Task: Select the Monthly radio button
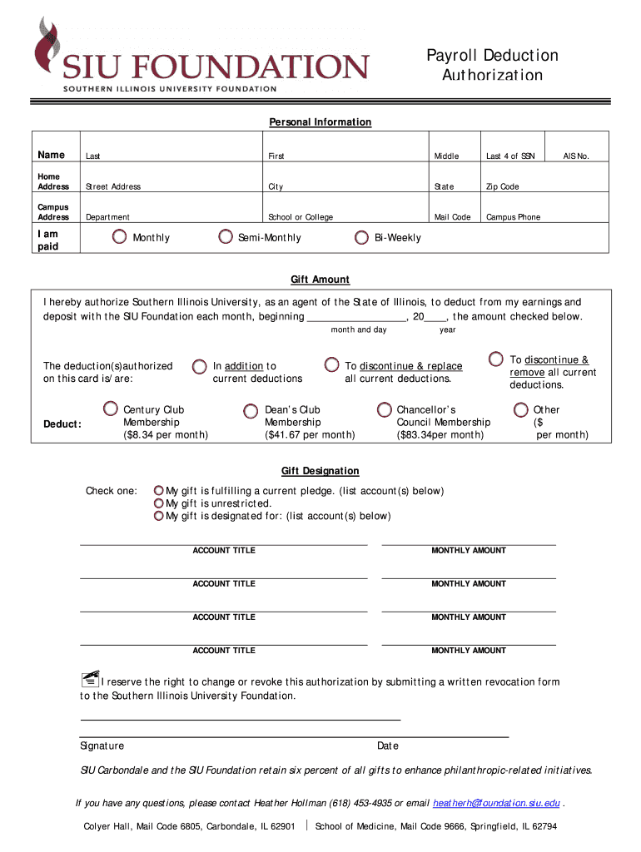click(x=120, y=237)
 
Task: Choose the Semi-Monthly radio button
click(x=226, y=237)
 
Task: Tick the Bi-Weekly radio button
click(x=361, y=238)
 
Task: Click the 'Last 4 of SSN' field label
click(x=510, y=156)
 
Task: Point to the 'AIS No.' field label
click(x=575, y=156)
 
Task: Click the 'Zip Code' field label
click(x=503, y=187)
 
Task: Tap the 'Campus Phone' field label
click(x=513, y=217)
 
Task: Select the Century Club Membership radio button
click(x=111, y=409)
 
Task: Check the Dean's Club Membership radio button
click(x=251, y=410)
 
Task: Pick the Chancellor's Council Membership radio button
click(x=384, y=409)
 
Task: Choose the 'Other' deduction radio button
click(x=521, y=409)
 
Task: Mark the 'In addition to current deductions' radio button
click(x=200, y=366)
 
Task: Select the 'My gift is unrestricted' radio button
click(x=158, y=503)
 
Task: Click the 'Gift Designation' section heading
click(x=320, y=471)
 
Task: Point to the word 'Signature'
click(x=102, y=745)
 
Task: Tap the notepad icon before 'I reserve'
click(x=90, y=679)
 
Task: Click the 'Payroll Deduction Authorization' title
click(x=492, y=65)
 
